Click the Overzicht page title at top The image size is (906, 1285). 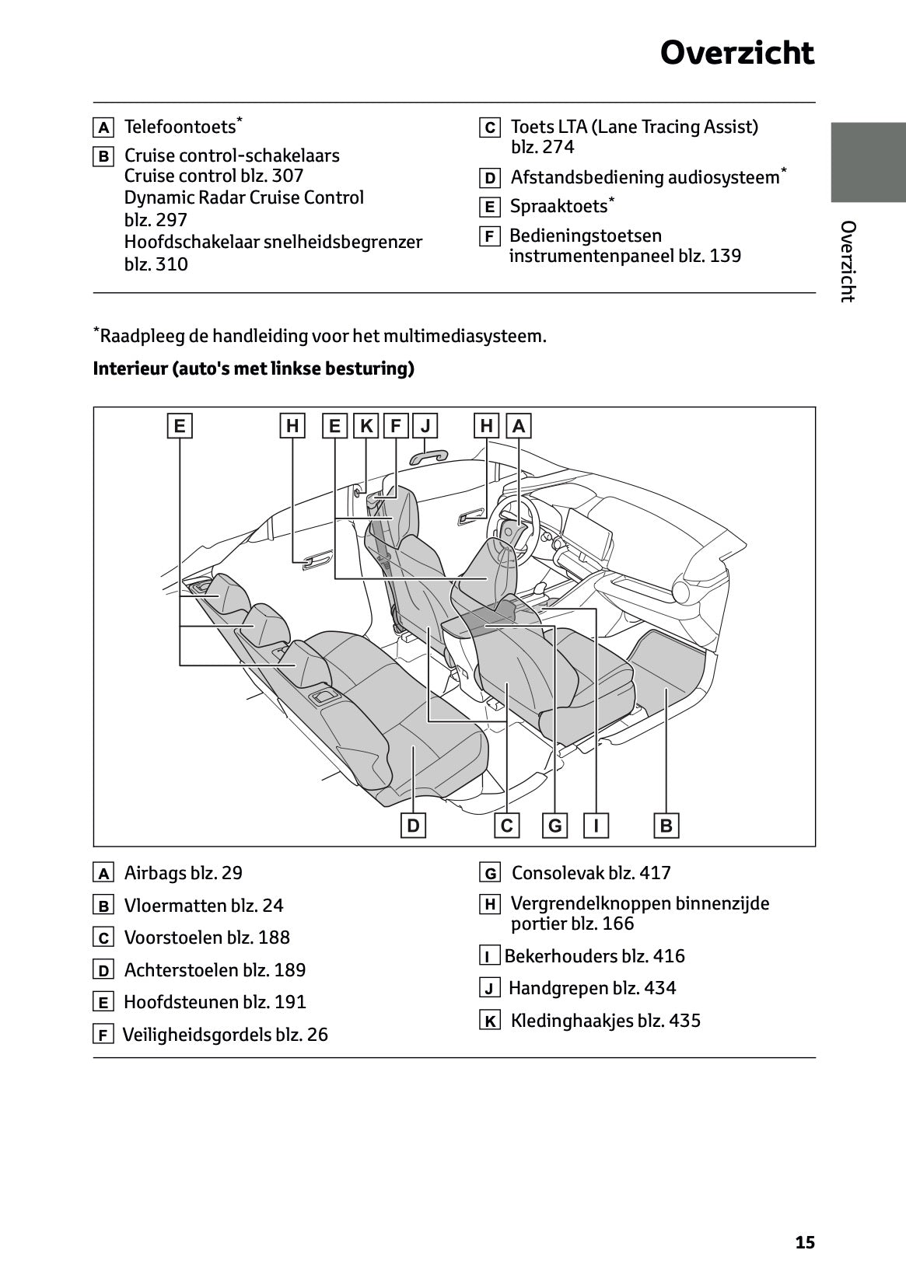pyautogui.click(x=736, y=54)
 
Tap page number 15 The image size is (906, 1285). pyautogui.click(x=805, y=1242)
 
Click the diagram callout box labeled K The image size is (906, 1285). pyautogui.click(x=366, y=426)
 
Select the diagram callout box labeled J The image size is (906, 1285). pyautogui.click(x=425, y=426)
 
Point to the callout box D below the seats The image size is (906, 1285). pyautogui.click(x=413, y=826)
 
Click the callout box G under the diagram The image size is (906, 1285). pyautogui.click(x=554, y=826)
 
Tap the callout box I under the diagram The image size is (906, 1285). pyautogui.click(x=596, y=826)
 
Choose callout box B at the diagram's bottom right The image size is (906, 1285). pyautogui.click(x=666, y=826)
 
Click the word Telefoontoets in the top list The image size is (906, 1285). pyautogui.click(x=180, y=127)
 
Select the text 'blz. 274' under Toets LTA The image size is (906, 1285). pyautogui.click(x=542, y=147)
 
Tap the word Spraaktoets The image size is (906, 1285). pyautogui.click(x=558, y=206)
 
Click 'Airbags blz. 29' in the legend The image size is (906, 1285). pyautogui.click(x=183, y=873)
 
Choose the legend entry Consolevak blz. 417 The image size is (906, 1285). pyautogui.click(x=590, y=873)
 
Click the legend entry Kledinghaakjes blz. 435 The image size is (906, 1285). pyautogui.click(x=605, y=1021)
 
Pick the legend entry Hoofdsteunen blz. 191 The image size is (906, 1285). pyautogui.click(x=215, y=1002)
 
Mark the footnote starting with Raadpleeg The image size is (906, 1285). pyautogui.click(x=320, y=336)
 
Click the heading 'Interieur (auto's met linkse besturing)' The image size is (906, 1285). pyautogui.click(x=254, y=368)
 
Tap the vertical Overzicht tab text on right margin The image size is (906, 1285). pyautogui.click(x=848, y=261)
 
